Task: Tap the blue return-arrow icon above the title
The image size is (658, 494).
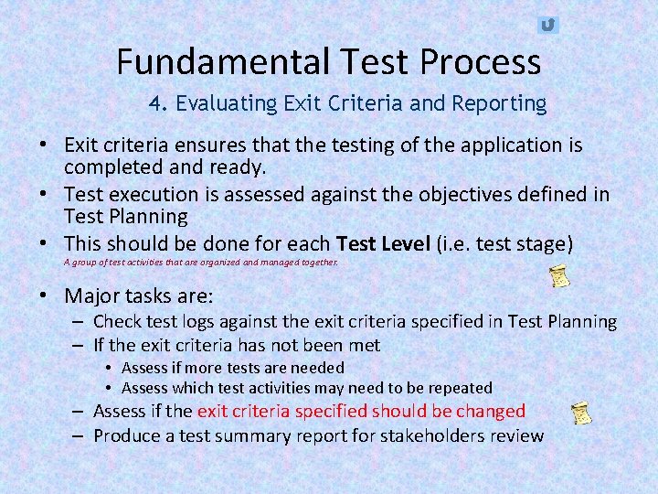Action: (547, 26)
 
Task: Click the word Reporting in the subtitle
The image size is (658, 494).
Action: (497, 103)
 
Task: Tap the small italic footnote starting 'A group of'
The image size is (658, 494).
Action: (200, 263)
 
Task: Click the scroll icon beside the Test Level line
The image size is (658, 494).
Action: (560, 276)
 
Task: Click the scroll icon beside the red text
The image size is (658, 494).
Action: (578, 413)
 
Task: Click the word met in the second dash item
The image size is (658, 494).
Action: (366, 345)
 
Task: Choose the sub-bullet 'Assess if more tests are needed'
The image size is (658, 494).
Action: (232, 368)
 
